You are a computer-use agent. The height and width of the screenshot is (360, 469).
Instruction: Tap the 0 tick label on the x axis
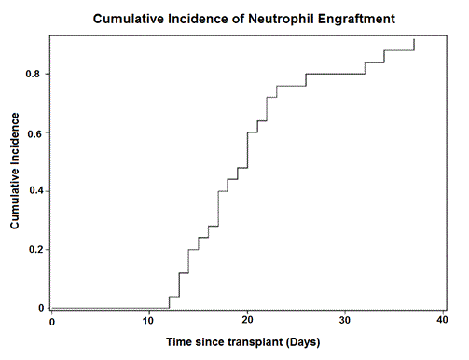(52, 321)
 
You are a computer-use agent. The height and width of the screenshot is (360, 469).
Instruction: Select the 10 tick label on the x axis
(149, 321)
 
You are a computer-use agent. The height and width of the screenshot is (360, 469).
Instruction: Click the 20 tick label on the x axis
(247, 321)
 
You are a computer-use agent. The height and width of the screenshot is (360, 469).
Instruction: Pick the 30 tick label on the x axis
(345, 321)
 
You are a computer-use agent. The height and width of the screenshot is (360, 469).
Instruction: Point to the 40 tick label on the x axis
(443, 321)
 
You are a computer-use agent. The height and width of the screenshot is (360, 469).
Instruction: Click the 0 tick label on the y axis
(41, 308)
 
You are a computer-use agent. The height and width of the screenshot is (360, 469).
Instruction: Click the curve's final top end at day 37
(414, 40)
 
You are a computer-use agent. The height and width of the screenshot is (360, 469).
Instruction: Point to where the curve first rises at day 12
(169, 302)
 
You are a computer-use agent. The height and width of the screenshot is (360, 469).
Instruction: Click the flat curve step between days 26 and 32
(334, 74)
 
